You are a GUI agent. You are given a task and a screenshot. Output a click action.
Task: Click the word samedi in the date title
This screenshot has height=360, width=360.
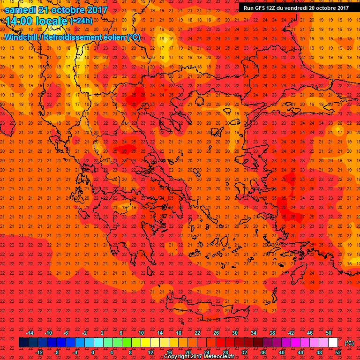click(x=22, y=10)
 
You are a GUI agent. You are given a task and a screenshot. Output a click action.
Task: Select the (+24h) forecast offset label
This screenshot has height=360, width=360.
click(x=81, y=21)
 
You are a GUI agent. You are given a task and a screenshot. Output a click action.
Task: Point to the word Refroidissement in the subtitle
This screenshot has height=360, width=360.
click(x=80, y=37)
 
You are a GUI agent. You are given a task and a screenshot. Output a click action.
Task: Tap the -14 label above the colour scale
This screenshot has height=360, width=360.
click(x=30, y=333)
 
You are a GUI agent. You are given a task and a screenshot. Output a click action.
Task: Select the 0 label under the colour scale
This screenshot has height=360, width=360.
click(x=93, y=352)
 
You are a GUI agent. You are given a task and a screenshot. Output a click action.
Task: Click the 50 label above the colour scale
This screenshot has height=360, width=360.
click(x=329, y=333)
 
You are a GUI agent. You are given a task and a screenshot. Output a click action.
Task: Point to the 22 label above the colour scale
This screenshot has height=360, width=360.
click(x=197, y=333)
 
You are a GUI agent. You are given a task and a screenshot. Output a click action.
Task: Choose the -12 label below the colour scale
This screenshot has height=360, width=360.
click(x=39, y=352)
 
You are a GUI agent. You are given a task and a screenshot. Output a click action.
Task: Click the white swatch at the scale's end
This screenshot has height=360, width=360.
click(x=333, y=343)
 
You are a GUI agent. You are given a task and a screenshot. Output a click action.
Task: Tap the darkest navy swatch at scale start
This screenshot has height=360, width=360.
click(x=23, y=343)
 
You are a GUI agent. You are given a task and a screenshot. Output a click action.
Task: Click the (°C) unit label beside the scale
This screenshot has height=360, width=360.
click(x=349, y=343)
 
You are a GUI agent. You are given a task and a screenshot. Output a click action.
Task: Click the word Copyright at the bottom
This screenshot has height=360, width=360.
click(x=178, y=357)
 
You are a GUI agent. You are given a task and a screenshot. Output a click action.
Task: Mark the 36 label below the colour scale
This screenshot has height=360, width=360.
click(x=263, y=352)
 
